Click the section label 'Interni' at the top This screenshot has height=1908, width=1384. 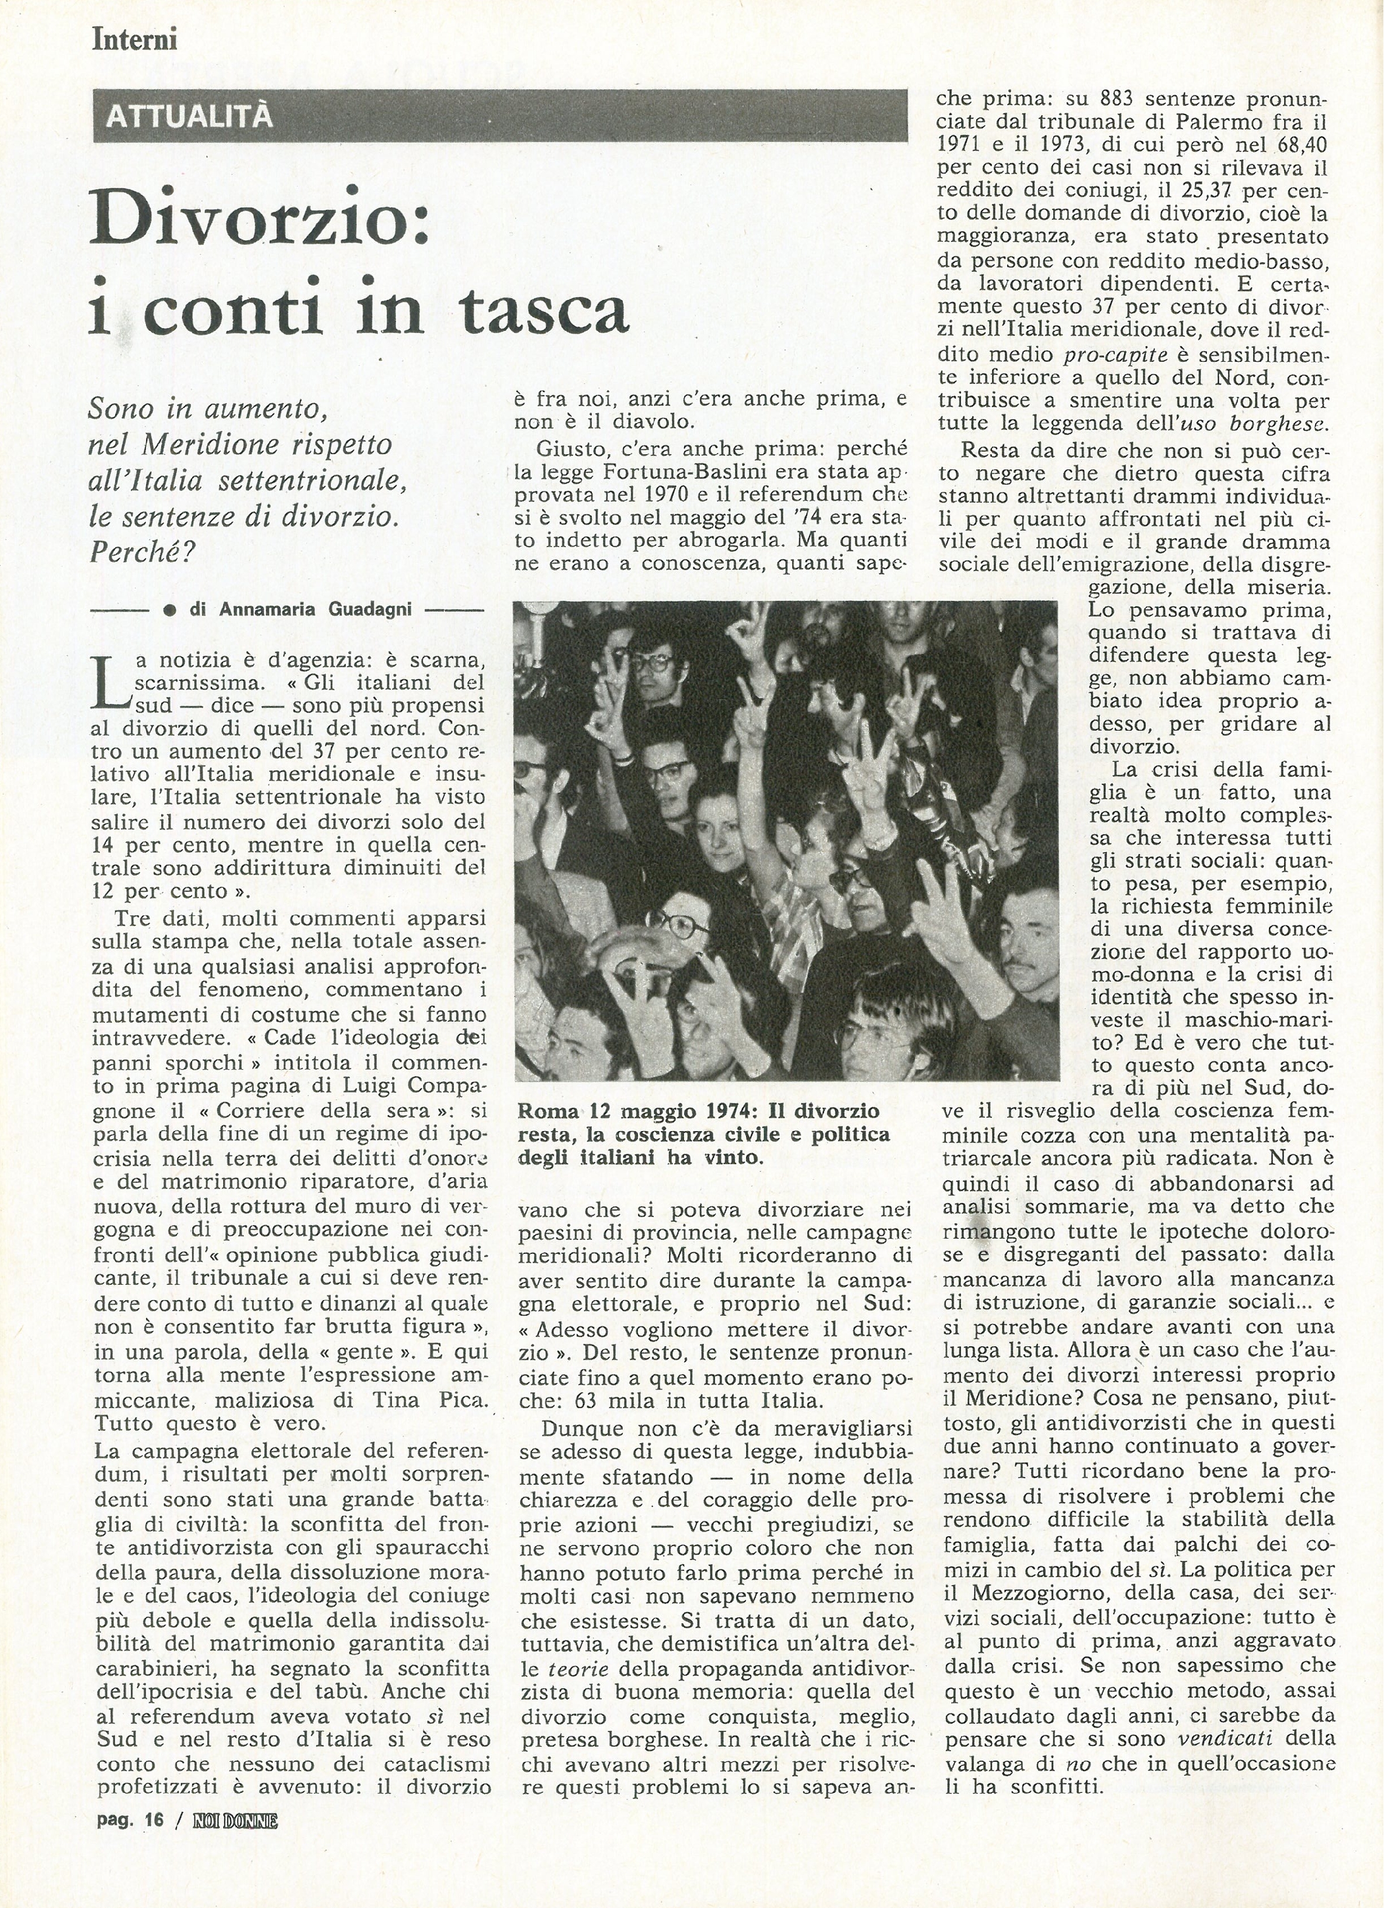(134, 40)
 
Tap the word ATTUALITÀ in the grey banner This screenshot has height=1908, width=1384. (189, 116)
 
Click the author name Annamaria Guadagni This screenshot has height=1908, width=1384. (315, 609)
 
